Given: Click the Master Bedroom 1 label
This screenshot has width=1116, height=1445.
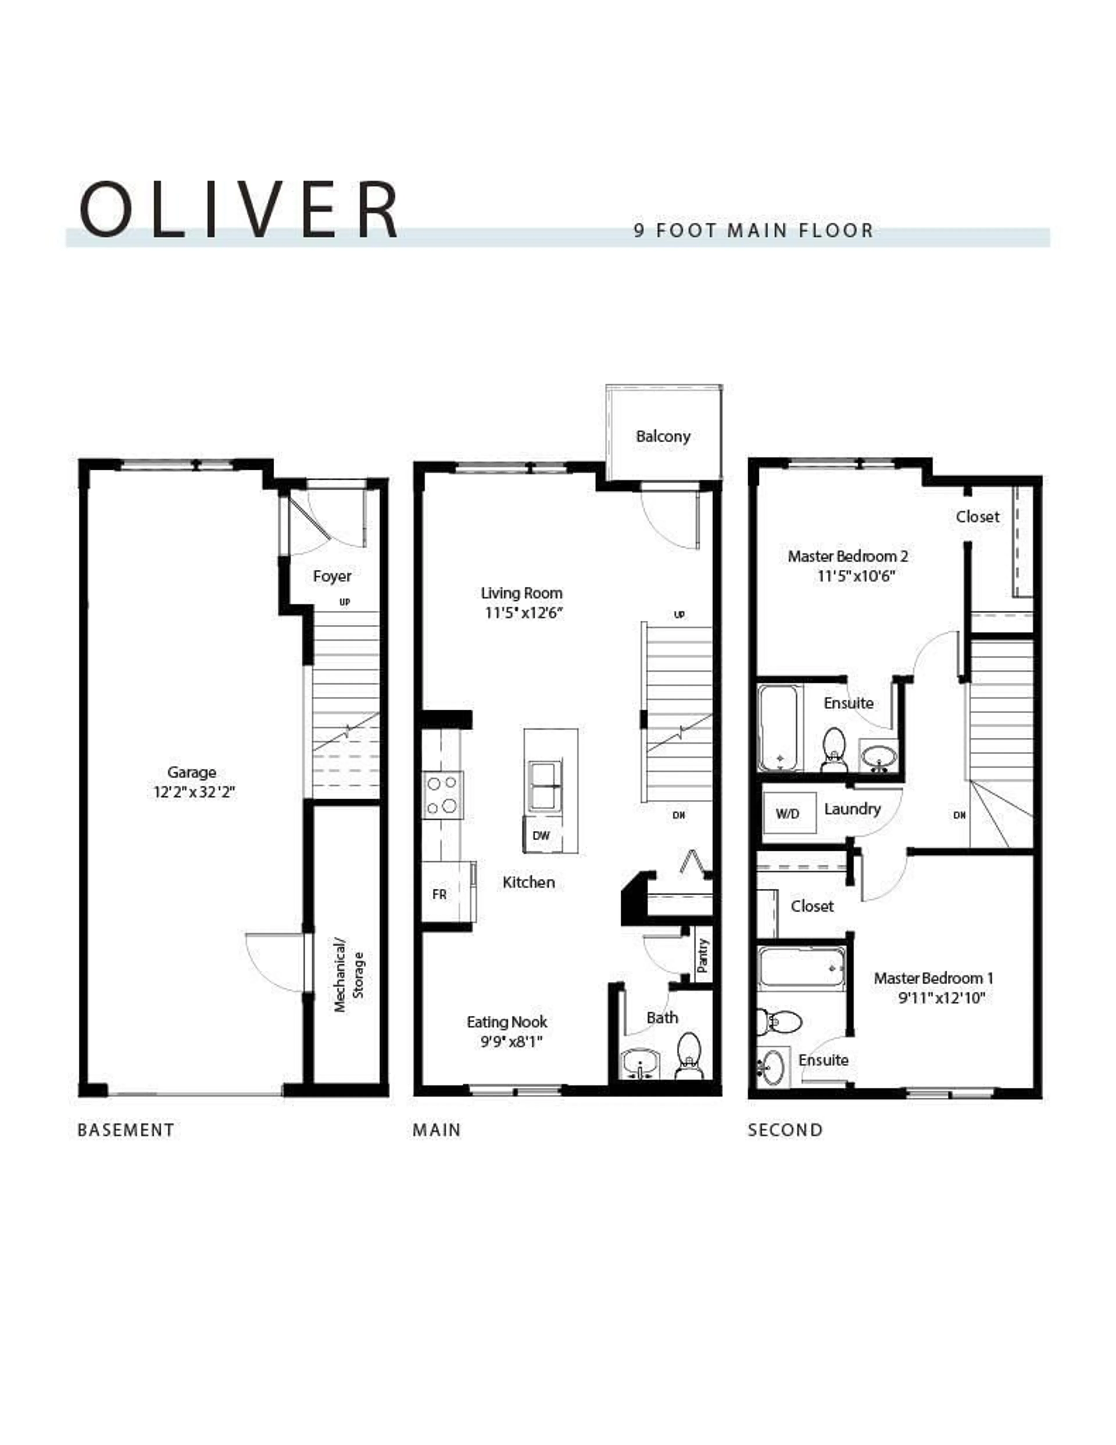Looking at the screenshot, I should coord(933,978).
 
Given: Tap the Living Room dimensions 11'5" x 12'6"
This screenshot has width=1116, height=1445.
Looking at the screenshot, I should coord(523,613).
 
